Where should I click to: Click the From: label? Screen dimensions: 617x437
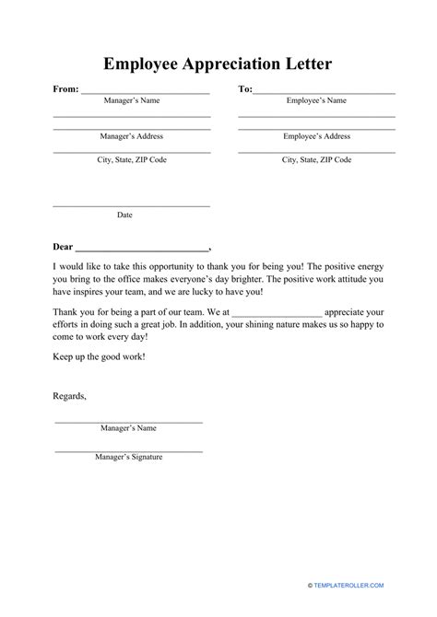[65, 89]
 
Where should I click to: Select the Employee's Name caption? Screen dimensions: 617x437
[316, 100]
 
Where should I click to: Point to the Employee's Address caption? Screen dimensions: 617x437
[316, 135]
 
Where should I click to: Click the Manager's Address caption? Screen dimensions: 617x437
[131, 135]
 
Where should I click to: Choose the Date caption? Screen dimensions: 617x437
[124, 215]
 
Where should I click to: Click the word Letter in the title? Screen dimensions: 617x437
[310, 64]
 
